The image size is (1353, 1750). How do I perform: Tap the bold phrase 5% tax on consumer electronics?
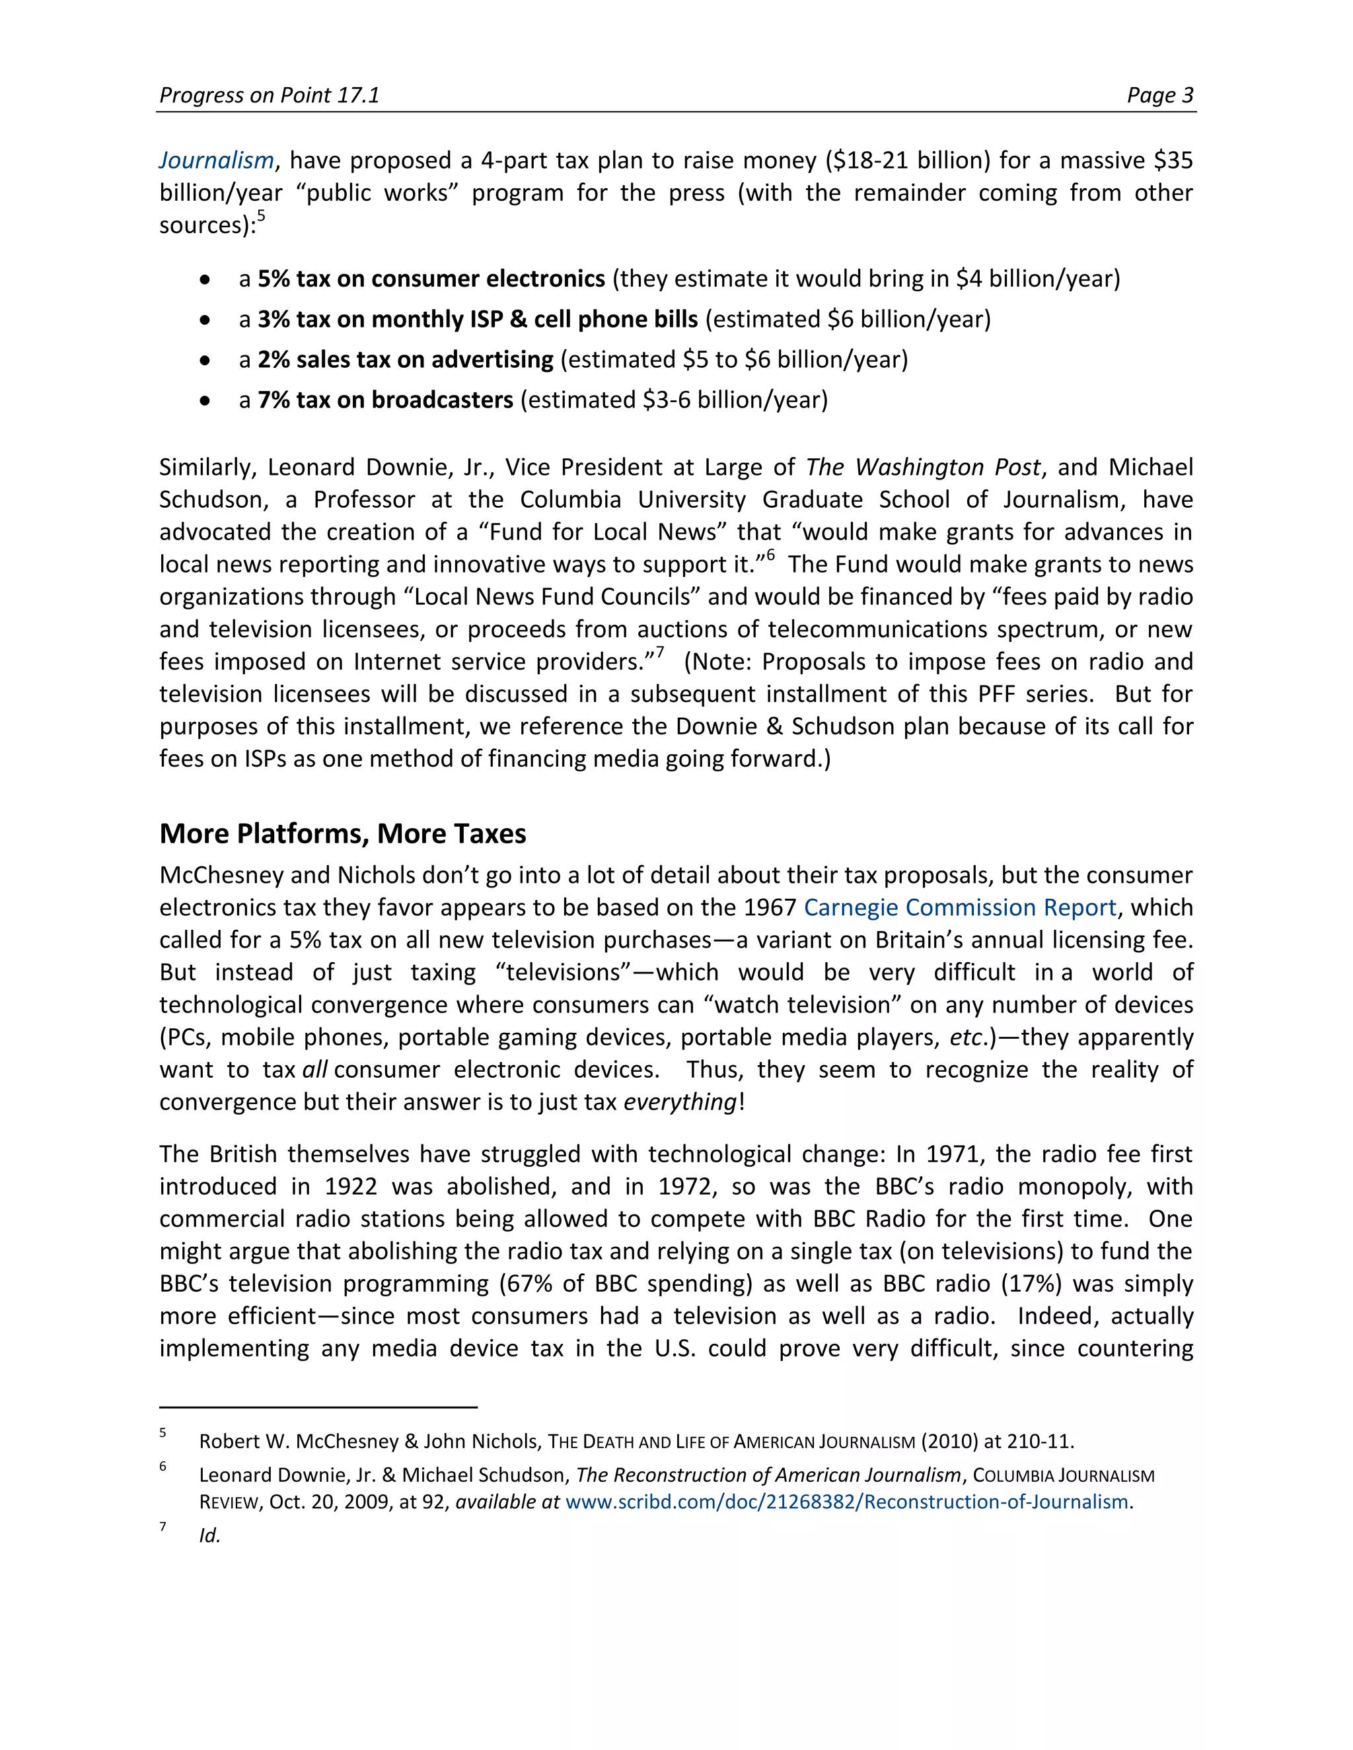pos(431,279)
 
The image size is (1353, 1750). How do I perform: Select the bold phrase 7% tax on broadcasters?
pos(384,400)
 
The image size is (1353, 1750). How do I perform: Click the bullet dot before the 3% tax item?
pos(206,320)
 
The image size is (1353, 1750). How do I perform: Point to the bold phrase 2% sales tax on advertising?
pos(405,360)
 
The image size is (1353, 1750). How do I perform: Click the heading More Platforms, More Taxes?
pos(342,834)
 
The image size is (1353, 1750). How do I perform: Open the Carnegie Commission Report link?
pos(959,908)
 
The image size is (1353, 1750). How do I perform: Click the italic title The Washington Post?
pos(922,467)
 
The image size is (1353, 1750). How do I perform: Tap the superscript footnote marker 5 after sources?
pos(260,217)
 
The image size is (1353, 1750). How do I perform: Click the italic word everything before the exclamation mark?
pos(680,1103)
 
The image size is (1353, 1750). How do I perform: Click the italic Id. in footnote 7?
pos(209,1535)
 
